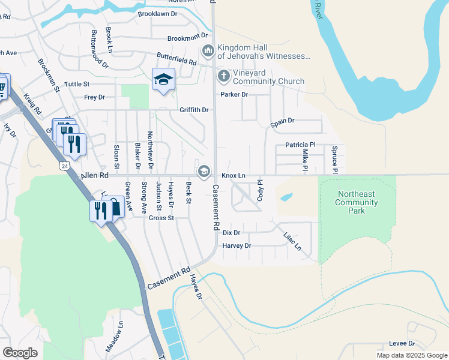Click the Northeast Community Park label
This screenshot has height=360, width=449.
(x=358, y=202)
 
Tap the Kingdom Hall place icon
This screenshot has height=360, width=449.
(x=208, y=50)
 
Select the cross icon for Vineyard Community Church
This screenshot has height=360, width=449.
(x=223, y=76)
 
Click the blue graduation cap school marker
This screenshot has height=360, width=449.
(x=163, y=80)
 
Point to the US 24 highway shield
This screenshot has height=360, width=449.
(x=65, y=164)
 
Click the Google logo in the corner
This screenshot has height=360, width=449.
(x=20, y=352)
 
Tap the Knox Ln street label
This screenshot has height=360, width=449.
(x=234, y=176)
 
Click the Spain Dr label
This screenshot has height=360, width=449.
(x=282, y=121)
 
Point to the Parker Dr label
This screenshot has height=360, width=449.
(x=234, y=95)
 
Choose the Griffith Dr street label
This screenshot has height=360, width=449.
(x=193, y=110)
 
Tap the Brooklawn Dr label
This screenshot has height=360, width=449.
(x=158, y=13)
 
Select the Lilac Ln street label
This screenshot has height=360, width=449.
(x=292, y=242)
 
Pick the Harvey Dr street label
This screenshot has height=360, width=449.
(x=237, y=246)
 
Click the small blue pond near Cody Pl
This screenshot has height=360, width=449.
(x=286, y=197)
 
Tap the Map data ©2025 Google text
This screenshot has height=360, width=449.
(x=411, y=355)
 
